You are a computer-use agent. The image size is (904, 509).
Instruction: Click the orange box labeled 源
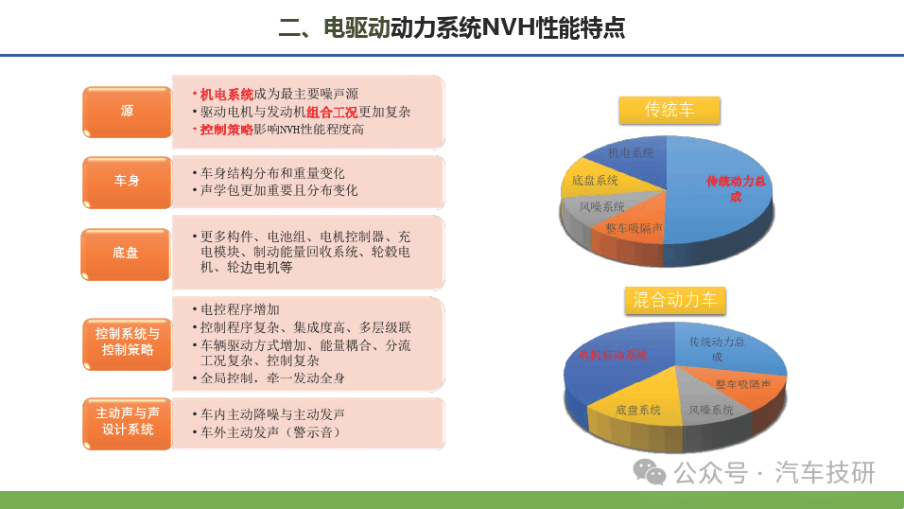[128, 112]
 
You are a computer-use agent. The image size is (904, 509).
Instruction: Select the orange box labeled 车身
[128, 182]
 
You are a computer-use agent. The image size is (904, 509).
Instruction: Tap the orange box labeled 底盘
[126, 254]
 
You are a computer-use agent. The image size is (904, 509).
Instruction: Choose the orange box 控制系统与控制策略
[128, 343]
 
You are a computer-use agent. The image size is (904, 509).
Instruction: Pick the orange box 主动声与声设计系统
[128, 423]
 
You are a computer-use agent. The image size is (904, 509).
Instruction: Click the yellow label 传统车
[669, 110]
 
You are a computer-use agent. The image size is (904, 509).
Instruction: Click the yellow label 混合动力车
[674, 300]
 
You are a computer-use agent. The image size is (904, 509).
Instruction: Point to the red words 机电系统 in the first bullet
[227, 94]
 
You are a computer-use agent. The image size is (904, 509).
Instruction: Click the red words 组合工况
[332, 112]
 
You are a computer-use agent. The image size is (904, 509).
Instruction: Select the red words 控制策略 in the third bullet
[227, 130]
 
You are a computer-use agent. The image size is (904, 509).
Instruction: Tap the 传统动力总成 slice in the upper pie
[721, 190]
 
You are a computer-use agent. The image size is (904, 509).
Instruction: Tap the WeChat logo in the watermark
[650, 472]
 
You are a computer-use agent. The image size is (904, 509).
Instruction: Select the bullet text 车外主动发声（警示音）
[271, 432]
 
